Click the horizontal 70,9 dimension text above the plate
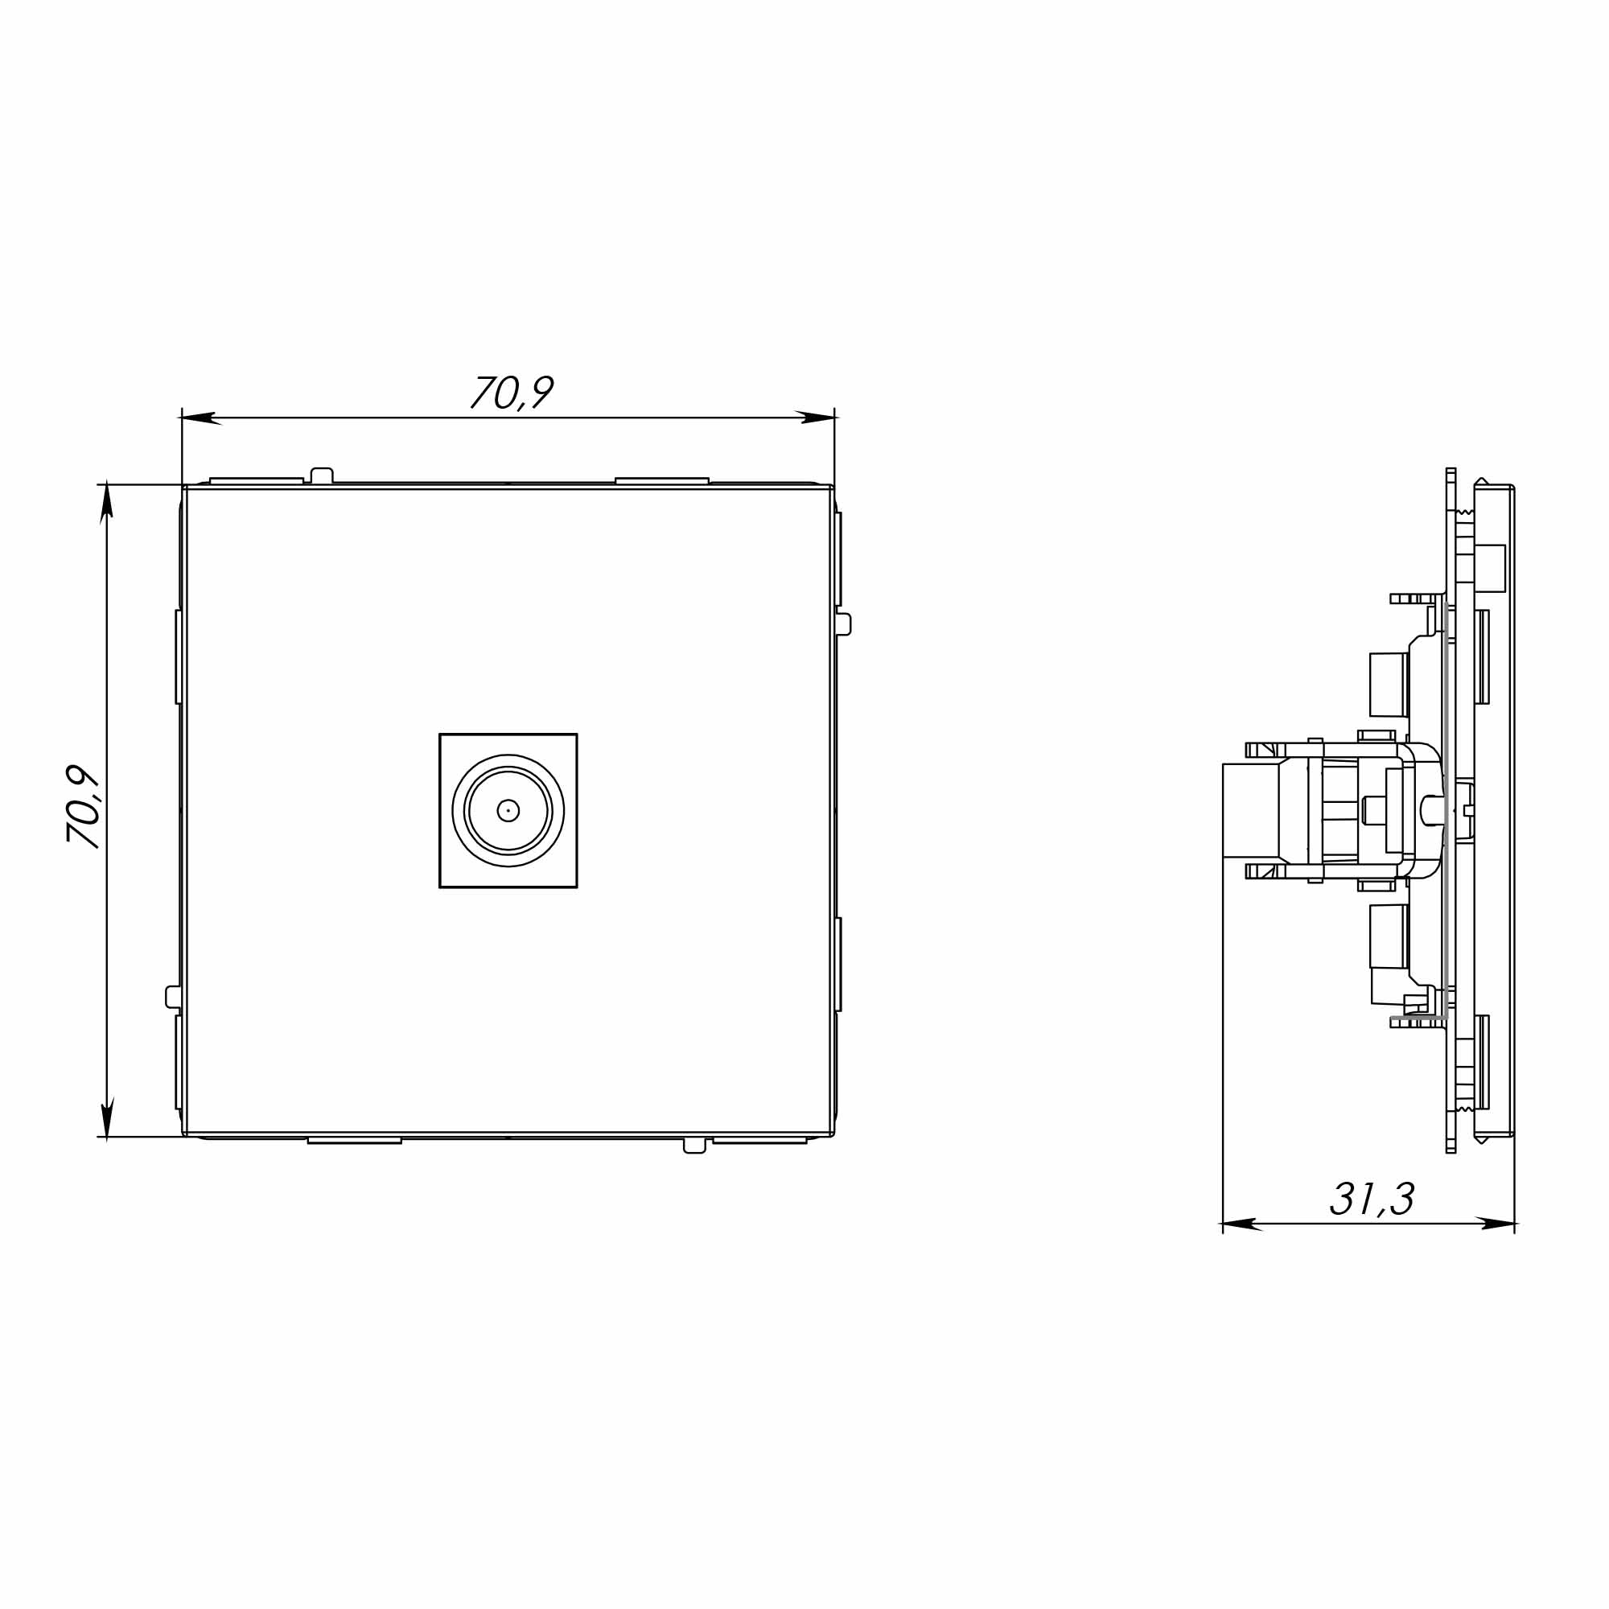(512, 392)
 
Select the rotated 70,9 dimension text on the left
(84, 808)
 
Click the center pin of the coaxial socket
(508, 810)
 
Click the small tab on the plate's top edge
(322, 475)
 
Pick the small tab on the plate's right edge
(844, 623)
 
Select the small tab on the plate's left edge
(173, 997)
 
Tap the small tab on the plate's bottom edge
(694, 1146)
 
